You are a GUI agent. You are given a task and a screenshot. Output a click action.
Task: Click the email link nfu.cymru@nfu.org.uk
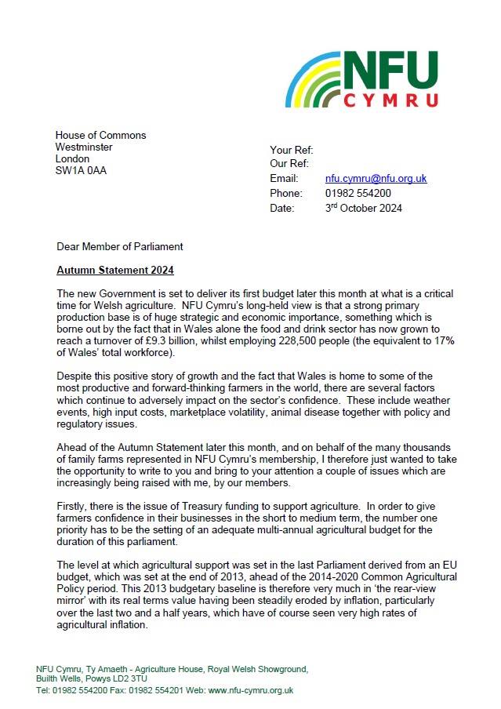pos(376,179)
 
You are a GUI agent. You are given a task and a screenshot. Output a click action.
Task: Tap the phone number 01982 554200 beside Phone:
pos(358,194)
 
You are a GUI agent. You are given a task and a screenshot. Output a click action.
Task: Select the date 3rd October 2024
pos(364,208)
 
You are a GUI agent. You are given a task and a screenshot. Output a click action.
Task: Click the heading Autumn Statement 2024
pos(103,270)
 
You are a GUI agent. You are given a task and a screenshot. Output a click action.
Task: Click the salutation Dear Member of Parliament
pos(120,246)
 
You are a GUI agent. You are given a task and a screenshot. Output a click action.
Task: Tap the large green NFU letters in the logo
pos(392,71)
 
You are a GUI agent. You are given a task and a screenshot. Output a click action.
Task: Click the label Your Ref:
pos(292,149)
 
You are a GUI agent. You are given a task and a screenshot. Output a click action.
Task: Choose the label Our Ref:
pos(290,164)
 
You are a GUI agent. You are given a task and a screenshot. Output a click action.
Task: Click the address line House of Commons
pos(100,135)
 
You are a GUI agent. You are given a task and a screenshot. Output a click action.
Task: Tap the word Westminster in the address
pos(84,147)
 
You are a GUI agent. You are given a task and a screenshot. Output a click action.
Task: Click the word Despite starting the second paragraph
pos(77,376)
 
